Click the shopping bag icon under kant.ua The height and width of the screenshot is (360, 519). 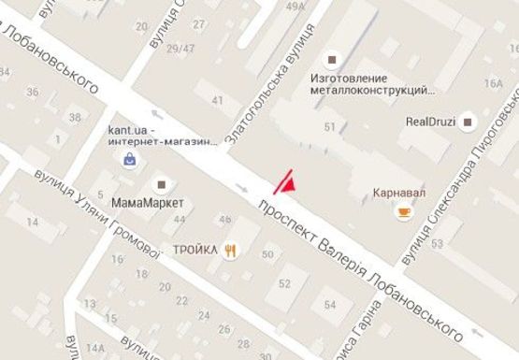tap(128, 159)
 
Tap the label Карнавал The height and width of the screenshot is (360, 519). tap(399, 192)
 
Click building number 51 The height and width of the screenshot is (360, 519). tap(329, 126)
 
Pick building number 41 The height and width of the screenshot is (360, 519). tap(219, 101)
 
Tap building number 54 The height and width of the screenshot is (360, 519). tap(329, 305)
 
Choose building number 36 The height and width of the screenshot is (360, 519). tap(33, 92)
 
